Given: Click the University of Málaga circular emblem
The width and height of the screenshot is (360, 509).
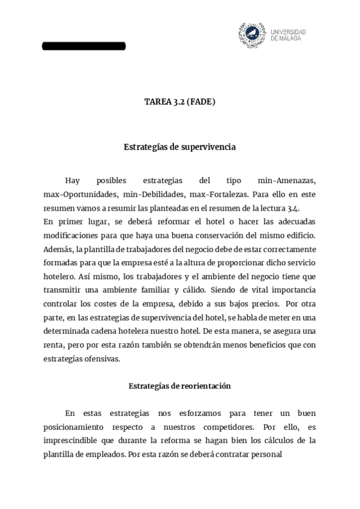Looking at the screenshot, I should pos(252,35).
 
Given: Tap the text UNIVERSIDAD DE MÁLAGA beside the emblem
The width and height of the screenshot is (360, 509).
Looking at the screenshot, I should pos(288,35).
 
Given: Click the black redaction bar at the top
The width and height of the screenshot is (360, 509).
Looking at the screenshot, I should pos(84,46).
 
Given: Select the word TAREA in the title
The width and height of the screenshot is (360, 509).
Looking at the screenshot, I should pos(157,102).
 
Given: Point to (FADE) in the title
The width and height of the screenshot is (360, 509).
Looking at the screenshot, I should pos(201,102).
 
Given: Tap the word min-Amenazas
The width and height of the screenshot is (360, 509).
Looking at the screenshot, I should pos(287,181).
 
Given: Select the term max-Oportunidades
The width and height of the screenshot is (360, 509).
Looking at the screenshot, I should pos(79,194).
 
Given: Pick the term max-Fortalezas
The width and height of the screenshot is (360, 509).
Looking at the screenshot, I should pos(217,194).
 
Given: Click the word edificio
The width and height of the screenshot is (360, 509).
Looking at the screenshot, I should pos(299,235).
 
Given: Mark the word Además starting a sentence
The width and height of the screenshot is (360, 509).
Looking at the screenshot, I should pos(58,249).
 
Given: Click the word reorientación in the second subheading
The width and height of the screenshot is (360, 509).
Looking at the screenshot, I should pos(205,386).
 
